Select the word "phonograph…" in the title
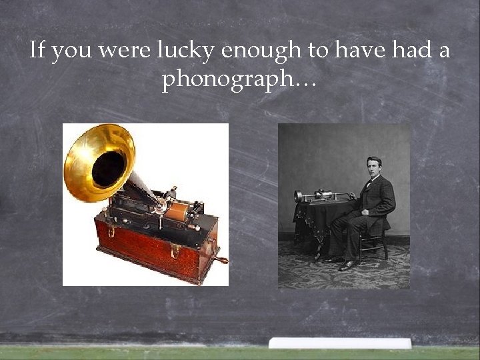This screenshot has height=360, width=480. coord(239,80)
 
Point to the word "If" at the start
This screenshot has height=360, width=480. coord(37,51)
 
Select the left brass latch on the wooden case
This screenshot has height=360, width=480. coord(111,231)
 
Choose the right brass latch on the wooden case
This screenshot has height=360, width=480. coord(175,251)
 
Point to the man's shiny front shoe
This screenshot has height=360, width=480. coord(348,265)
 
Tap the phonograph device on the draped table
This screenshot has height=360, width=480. coord(323,196)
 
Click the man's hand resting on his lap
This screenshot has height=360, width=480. coord(365,212)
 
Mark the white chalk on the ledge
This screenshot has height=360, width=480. coord(340,343)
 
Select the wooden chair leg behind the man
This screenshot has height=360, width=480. coord(385,247)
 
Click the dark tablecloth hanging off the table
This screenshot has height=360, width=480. coord(311,223)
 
